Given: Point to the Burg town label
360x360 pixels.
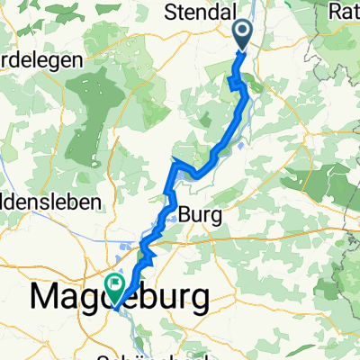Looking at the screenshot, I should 200,214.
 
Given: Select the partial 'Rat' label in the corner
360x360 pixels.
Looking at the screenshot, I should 345,12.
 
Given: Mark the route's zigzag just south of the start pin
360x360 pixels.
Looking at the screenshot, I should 237,84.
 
